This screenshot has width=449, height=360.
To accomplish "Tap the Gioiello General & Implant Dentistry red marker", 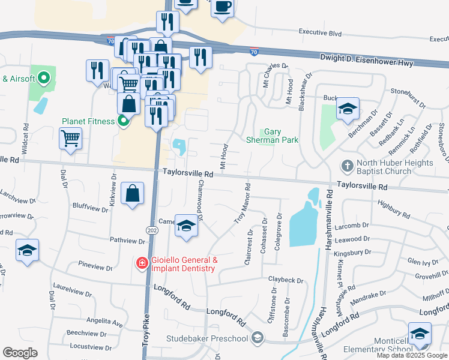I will coord(142,263).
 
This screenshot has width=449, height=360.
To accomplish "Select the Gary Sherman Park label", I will coord(272,136).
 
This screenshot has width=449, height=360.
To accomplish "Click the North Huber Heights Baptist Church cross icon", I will coord(347,164).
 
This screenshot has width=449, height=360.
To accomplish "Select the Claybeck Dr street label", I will coord(285,280).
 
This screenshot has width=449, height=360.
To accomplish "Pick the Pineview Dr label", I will coord(96,265).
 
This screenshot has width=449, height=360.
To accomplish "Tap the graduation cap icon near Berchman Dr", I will coord(348,109).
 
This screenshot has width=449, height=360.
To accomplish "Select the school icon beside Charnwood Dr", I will coord(186,226).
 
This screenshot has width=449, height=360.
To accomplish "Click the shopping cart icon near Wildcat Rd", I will coord(71,139).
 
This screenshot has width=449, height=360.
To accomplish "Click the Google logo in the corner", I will coord(20,352).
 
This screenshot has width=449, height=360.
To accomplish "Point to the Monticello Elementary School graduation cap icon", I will coord(420,335).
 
